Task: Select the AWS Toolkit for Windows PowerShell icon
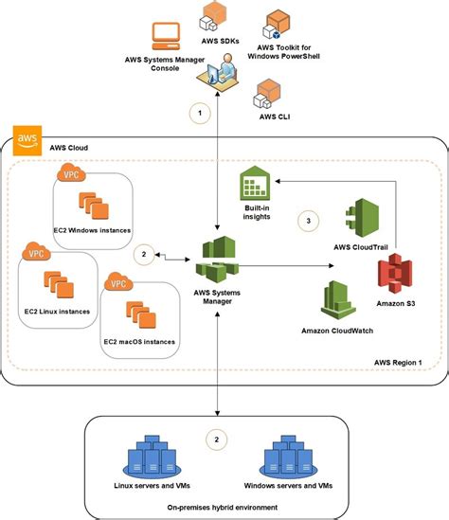click(x=278, y=22)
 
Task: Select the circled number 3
click(x=305, y=220)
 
